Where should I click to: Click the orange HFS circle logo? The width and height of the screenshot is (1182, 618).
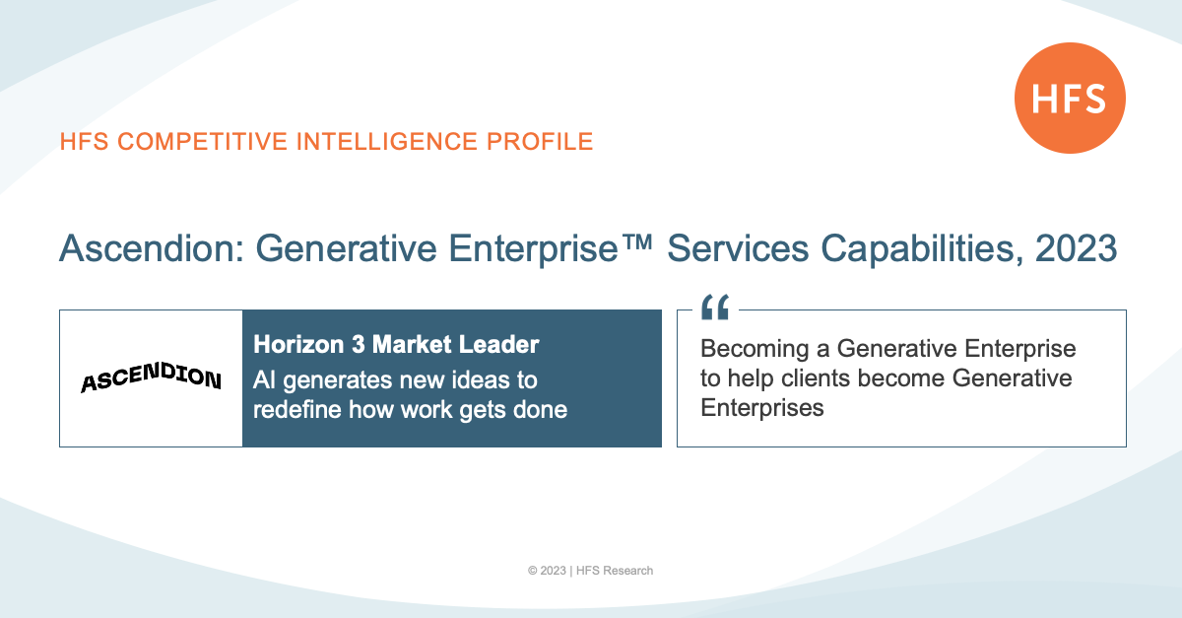tap(1070, 99)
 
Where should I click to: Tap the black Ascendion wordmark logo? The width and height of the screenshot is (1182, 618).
tap(151, 378)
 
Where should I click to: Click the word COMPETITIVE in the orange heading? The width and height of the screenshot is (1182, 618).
tap(203, 142)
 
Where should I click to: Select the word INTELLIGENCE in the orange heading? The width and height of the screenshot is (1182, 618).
tap(387, 142)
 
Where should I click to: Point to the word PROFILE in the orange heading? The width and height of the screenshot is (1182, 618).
tap(540, 142)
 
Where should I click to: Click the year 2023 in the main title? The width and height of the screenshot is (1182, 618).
tap(1076, 248)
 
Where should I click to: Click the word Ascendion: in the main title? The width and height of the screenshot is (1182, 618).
tap(152, 248)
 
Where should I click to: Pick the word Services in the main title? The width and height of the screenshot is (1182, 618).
tap(738, 248)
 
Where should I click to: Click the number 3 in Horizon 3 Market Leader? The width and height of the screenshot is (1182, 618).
tap(358, 344)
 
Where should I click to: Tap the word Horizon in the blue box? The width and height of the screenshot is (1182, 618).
tap(298, 344)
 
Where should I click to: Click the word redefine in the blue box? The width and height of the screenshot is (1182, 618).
tap(297, 409)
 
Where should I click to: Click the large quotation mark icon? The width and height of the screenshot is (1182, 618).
tap(715, 307)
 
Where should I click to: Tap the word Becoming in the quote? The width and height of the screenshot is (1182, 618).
tap(755, 349)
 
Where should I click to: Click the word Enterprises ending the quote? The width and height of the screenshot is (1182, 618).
tap(762, 408)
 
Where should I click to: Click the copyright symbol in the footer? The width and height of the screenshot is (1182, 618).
tap(533, 571)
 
